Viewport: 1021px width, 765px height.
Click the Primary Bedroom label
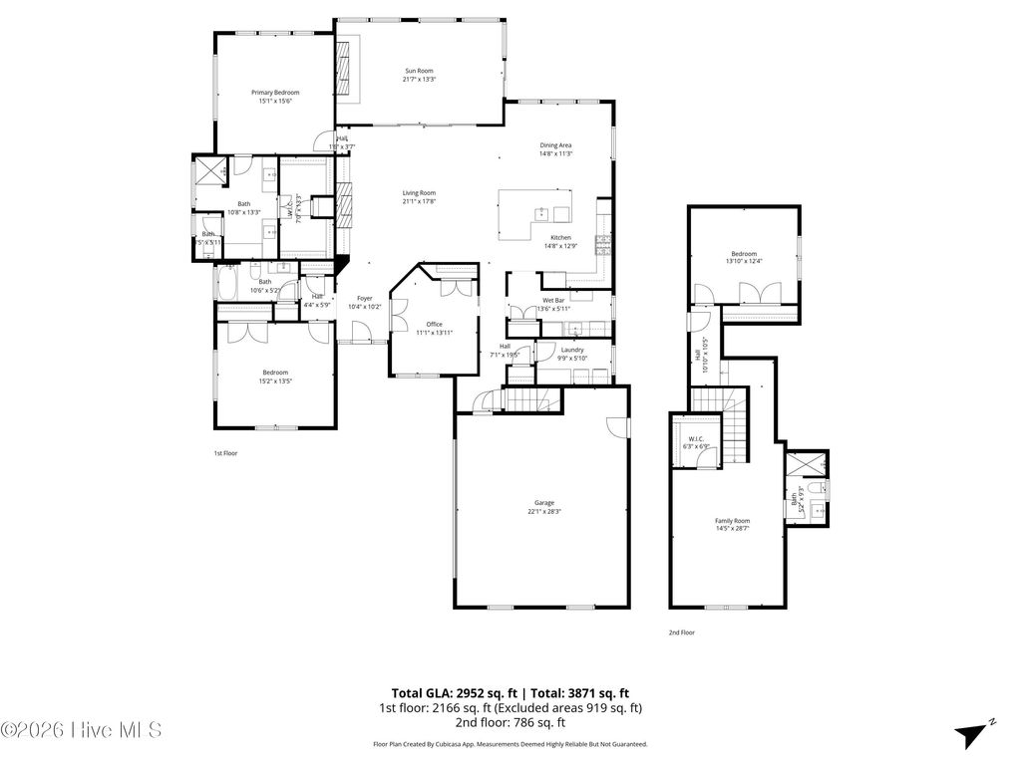tap(274, 92)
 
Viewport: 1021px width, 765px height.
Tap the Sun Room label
tap(419, 71)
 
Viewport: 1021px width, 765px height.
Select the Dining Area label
tap(555, 145)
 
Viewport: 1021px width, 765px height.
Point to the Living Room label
tap(419, 193)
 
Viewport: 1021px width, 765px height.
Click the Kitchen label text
tap(561, 237)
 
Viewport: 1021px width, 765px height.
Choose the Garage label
tap(543, 503)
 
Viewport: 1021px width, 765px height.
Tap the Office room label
tap(434, 324)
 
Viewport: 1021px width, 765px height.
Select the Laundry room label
tap(571, 350)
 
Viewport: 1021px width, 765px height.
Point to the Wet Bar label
tap(554, 300)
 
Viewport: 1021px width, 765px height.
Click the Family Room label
tap(732, 521)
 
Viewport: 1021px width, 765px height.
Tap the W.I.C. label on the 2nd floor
tap(695, 438)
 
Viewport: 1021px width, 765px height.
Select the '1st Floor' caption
tap(225, 453)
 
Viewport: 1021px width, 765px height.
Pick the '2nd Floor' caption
tap(681, 633)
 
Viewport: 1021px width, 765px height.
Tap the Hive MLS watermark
tap(82, 730)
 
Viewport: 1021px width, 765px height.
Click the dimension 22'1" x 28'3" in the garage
tap(544, 512)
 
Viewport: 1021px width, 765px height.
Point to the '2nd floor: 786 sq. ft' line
tap(510, 722)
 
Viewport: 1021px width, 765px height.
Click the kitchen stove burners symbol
tap(602, 241)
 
